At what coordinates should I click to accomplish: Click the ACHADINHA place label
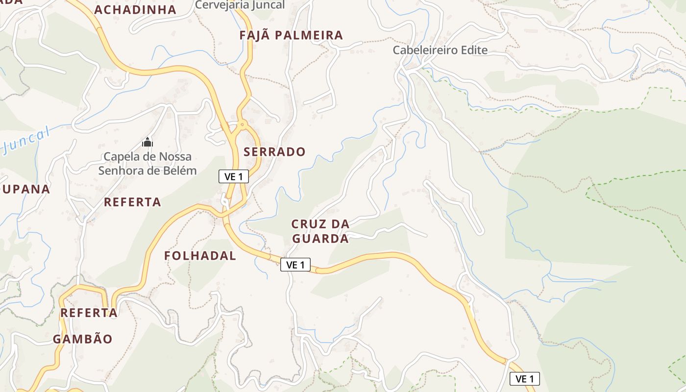tap(135, 10)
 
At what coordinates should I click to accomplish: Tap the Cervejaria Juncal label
tap(240, 5)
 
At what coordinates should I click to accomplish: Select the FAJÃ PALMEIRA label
tap(291, 35)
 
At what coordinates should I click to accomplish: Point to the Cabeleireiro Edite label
tap(440, 50)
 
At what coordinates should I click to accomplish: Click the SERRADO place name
tap(274, 152)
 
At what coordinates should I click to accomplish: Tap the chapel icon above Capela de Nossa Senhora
tap(147, 143)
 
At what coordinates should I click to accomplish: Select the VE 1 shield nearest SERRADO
tap(234, 177)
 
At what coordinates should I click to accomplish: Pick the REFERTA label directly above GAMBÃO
tap(89, 313)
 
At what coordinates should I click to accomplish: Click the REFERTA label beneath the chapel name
tap(132, 202)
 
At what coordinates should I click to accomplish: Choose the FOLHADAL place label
tap(200, 255)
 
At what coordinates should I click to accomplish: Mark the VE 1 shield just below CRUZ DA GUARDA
tap(295, 265)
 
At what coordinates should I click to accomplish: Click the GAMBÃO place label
tap(82, 339)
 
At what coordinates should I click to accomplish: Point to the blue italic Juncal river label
tap(27, 140)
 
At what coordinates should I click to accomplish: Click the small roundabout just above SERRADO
tap(241, 124)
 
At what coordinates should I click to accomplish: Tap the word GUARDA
tap(320, 239)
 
